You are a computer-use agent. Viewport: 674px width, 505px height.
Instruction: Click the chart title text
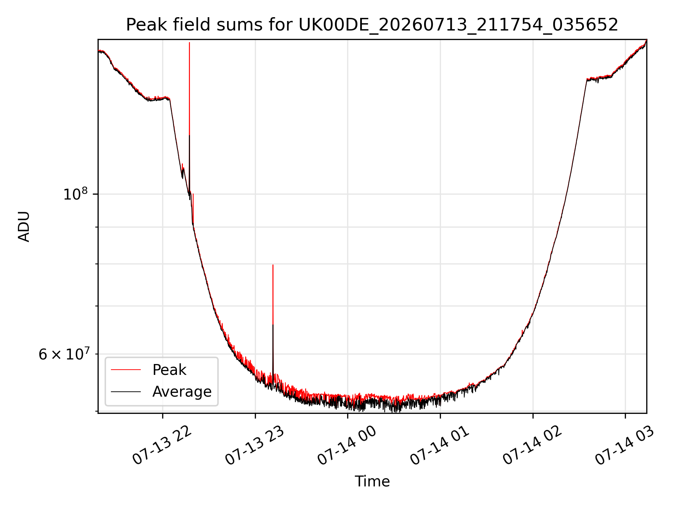[x=372, y=25]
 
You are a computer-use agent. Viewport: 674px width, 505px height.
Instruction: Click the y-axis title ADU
[x=24, y=227]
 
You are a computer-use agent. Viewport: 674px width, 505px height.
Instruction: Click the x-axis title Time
[x=372, y=481]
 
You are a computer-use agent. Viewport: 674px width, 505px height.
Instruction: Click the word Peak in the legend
[x=169, y=370]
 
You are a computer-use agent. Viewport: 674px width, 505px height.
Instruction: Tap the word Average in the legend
[x=182, y=392]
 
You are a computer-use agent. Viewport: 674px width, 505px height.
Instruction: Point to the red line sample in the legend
[x=126, y=370]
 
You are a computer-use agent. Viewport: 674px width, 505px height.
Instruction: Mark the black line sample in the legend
[x=126, y=392]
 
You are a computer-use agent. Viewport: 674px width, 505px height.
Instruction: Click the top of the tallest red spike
[x=189, y=42]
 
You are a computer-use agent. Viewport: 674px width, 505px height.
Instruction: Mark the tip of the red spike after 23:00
[x=273, y=265]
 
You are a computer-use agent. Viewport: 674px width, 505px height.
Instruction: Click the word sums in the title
[x=239, y=25]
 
